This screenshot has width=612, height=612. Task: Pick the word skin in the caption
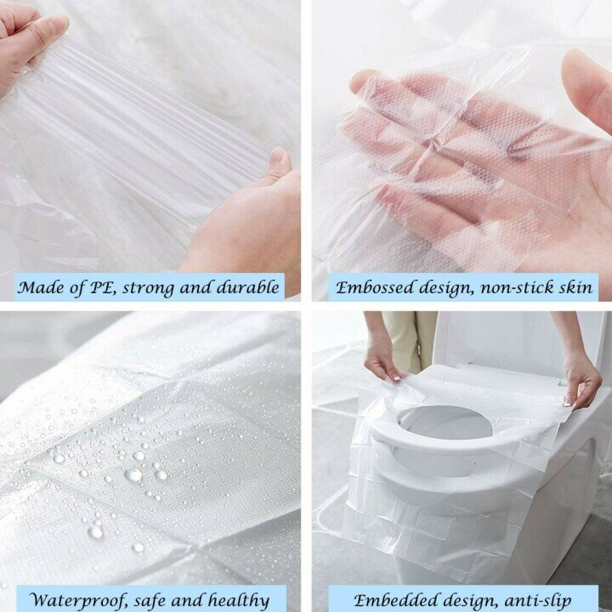point(575,287)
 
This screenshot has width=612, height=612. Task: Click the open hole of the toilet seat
point(445,422)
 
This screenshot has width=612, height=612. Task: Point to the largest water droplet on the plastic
point(133,474)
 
